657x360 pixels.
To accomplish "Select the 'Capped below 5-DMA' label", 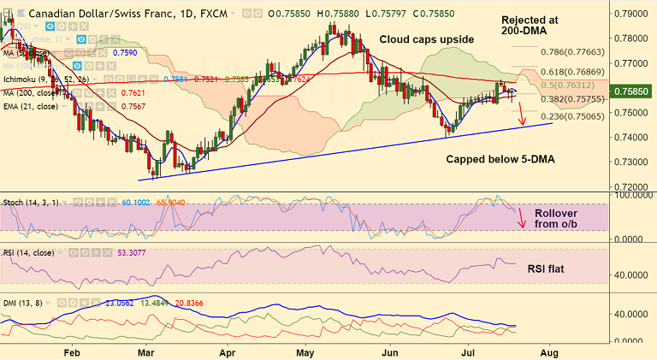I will pyautogui.click(x=498, y=160).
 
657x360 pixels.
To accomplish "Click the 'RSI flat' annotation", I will pyautogui.click(x=556, y=268).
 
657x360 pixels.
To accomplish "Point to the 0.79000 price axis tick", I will pyautogui.click(x=632, y=15).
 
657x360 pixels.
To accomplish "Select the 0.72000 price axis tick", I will pyautogui.click(x=632, y=186).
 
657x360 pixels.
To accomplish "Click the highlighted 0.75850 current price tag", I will pyautogui.click(x=632, y=88).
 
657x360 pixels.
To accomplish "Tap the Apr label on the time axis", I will pyautogui.click(x=228, y=351).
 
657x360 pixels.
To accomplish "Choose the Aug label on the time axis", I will pyautogui.click(x=548, y=351).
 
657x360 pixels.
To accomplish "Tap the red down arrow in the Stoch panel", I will pyautogui.click(x=522, y=218).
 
